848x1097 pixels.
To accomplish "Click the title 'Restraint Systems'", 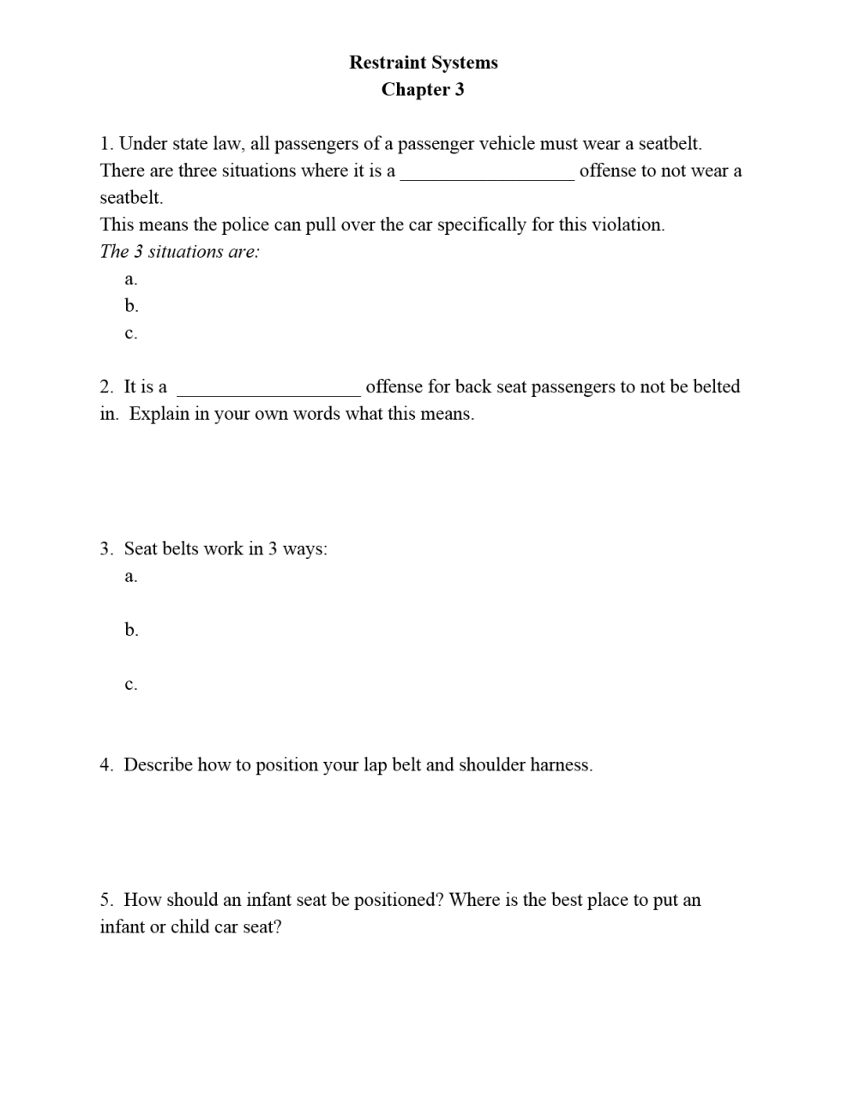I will coord(423,63).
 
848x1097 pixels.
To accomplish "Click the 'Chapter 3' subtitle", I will coord(423,90).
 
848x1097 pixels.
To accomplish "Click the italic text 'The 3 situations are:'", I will coord(179,252).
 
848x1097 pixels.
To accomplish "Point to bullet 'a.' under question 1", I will coord(131,279).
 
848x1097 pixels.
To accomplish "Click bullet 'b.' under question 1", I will coord(131,306).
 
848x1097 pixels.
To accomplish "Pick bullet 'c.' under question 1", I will coord(131,333).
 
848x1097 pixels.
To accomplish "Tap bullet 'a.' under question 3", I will coord(131,576).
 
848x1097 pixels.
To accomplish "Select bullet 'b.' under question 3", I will coord(131,630).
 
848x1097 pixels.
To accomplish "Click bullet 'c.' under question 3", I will coord(131,685).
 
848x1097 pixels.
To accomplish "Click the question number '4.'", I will coord(106,764).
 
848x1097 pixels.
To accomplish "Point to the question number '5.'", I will coord(106,900).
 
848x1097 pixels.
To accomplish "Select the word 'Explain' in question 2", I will coord(159,414).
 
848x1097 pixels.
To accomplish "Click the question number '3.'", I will coord(106,548).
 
